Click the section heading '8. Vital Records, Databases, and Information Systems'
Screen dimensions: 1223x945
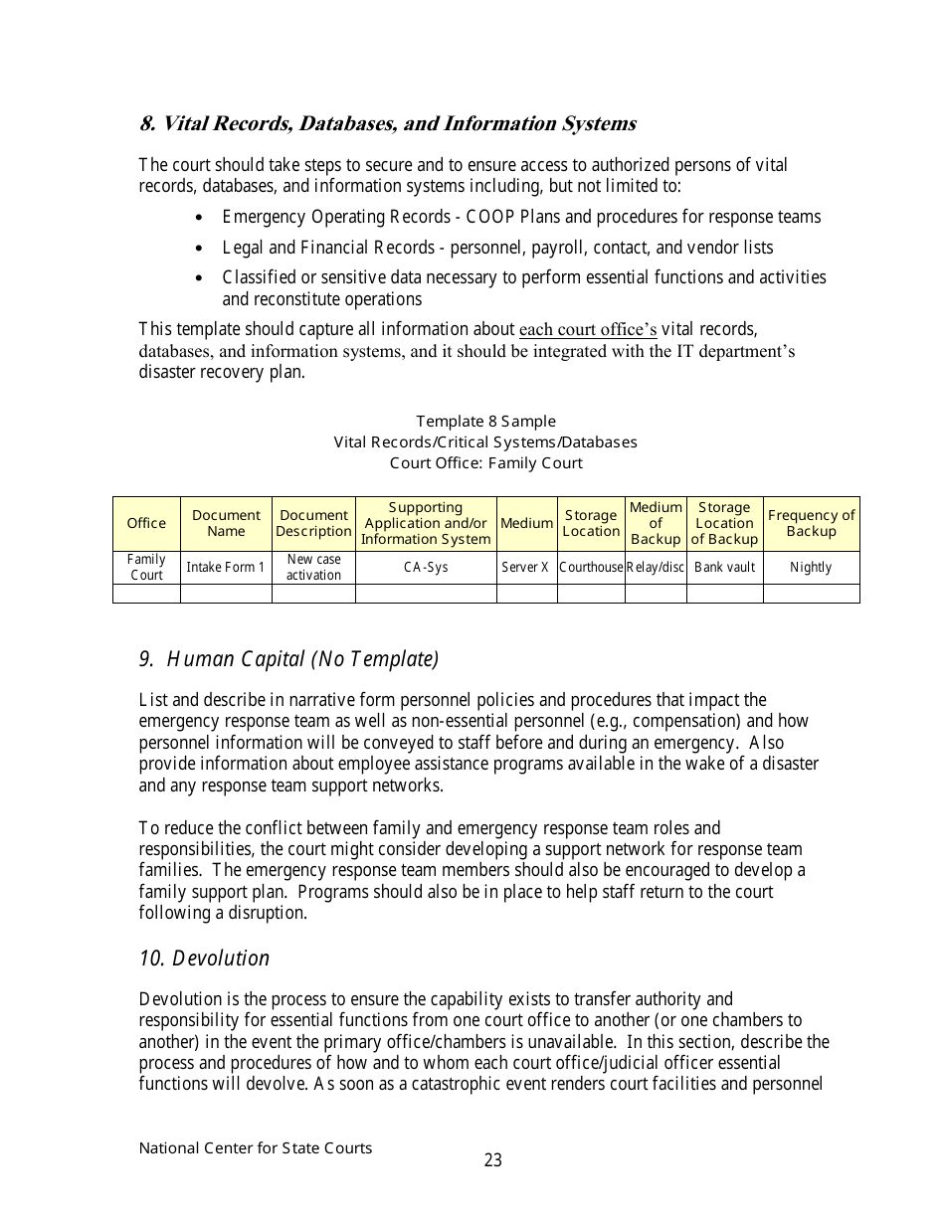pos(388,124)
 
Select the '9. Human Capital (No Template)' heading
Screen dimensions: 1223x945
pos(288,659)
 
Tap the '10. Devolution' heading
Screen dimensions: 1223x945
pos(204,959)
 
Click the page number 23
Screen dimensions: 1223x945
pos(493,1160)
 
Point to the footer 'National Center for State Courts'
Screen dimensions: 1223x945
pos(256,1148)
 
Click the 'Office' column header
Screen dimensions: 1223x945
pos(146,524)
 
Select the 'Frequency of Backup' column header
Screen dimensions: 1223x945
pos(811,523)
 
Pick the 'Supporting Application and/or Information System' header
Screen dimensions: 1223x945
pos(426,523)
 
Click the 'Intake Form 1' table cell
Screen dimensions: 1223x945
pos(226,568)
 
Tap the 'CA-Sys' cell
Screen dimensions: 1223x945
pos(426,568)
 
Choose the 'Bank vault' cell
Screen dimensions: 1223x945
pos(724,568)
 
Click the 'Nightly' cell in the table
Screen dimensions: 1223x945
pos(811,568)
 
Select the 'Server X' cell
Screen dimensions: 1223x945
pos(526,568)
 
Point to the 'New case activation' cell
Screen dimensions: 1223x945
pos(313,568)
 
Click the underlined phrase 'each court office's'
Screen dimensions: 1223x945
pos(588,329)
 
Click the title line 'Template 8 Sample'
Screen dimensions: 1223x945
pos(485,422)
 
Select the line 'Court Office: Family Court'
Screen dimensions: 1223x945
pos(485,463)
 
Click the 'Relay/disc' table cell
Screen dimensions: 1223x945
pos(656,568)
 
